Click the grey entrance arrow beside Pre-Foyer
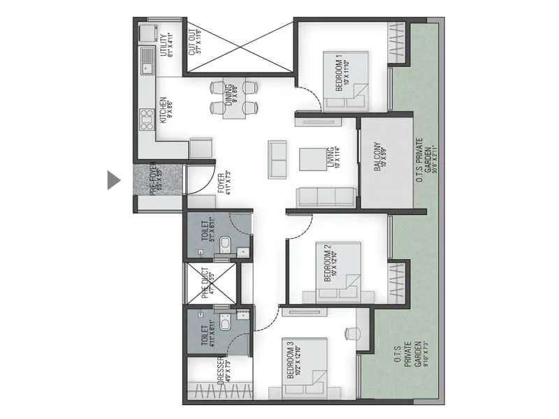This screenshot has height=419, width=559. [113, 180]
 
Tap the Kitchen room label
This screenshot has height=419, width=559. [165, 110]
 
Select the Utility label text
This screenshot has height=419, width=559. [165, 44]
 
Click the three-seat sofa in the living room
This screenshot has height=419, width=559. [326, 197]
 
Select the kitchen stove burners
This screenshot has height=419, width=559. [147, 119]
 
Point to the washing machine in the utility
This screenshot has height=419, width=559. [147, 33]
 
